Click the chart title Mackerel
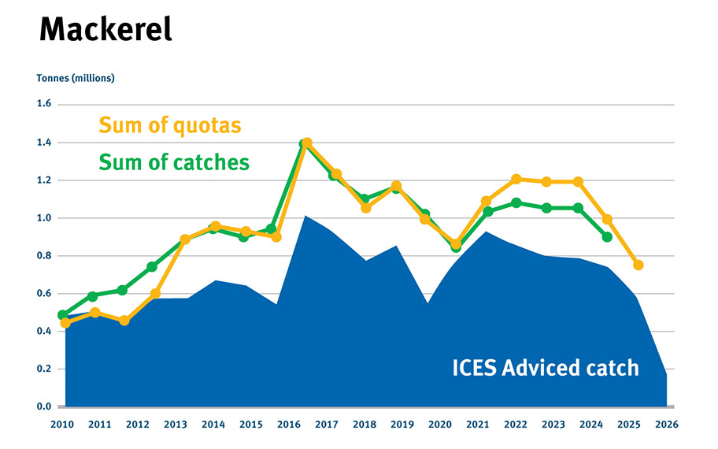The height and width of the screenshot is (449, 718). point(105,31)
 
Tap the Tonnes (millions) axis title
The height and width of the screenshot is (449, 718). point(76,78)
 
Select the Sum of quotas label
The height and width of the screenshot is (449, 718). point(169,125)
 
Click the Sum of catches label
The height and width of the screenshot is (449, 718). point(173,162)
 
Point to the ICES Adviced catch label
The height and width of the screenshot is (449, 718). point(546,367)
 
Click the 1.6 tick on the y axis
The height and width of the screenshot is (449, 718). point(43,104)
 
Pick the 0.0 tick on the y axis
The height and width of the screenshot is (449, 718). point(43,406)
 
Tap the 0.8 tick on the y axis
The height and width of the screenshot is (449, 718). point(43,255)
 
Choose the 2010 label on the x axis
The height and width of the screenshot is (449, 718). point(62,424)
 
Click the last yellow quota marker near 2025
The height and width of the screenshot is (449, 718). point(638,265)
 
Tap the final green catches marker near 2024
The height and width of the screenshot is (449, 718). point(608,236)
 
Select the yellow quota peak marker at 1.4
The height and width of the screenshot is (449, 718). point(307,143)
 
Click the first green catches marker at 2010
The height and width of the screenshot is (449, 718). point(63,315)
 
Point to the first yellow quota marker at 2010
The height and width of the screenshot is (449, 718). point(65,323)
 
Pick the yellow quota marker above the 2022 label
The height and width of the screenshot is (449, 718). point(516,179)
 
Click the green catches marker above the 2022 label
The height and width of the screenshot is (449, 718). point(516,202)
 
